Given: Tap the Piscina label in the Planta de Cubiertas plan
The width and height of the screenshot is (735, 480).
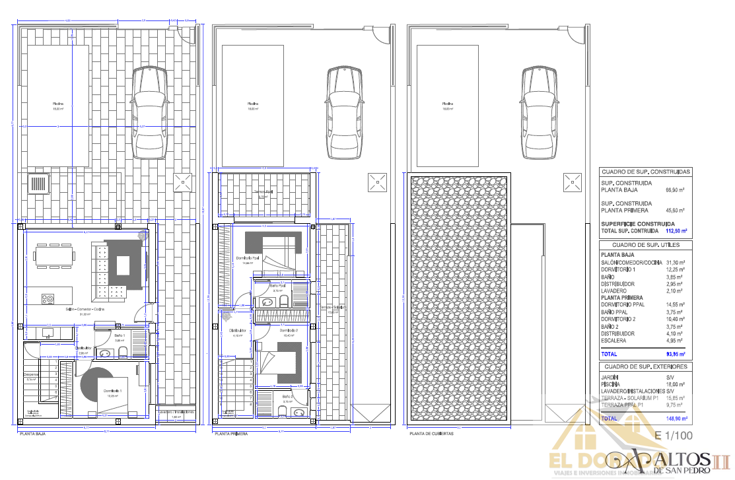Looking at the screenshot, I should point(448,104).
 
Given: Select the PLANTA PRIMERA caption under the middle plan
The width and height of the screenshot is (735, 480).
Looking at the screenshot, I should point(231,434).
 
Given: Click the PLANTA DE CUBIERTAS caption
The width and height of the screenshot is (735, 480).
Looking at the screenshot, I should point(431,434).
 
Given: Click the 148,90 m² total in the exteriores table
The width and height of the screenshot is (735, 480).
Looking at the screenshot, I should point(676,419).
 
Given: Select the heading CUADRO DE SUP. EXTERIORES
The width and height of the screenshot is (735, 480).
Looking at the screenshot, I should point(645,366).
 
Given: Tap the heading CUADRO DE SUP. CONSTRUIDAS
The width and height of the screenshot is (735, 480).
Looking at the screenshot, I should point(645,172).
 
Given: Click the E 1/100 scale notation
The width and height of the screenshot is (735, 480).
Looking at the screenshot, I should point(674,436).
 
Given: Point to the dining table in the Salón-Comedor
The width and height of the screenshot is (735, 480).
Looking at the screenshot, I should point(55,255).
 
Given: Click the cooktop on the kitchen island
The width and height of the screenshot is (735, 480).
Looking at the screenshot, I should point(48,299).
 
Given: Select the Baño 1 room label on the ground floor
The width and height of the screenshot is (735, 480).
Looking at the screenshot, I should point(120,336).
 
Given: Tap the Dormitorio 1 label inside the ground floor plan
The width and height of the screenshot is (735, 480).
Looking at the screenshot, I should point(112,392).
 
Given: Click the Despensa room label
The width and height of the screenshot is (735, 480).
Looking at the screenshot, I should point(31,375).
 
